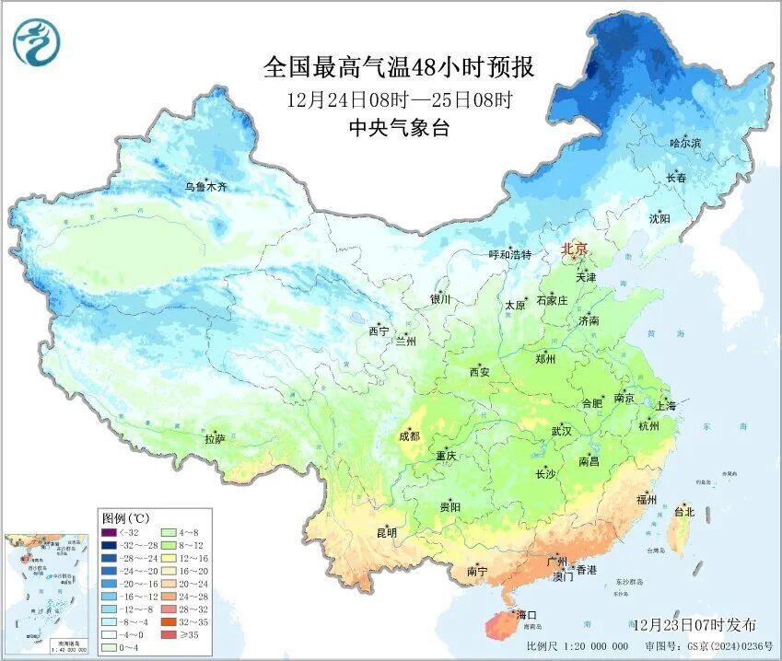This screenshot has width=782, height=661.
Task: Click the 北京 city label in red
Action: tap(574, 249)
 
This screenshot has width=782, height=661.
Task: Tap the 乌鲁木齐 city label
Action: tap(204, 187)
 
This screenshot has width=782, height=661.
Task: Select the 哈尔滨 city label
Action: tap(684, 144)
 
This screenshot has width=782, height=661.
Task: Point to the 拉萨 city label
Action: tap(215, 439)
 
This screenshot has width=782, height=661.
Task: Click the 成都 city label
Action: tap(409, 436)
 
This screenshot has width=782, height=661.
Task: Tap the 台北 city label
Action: tap(684, 511)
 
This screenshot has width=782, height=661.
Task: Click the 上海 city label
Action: tap(666, 406)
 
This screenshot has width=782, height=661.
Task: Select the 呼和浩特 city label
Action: tap(509, 255)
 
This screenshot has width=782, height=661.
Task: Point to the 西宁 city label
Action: tap(379, 330)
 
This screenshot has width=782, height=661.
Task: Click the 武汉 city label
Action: tap(561, 431)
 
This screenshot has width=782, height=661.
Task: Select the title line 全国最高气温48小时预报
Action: tap(398, 68)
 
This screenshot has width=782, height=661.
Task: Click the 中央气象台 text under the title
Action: tap(399, 129)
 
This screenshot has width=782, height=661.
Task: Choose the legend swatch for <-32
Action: tap(109, 531)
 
